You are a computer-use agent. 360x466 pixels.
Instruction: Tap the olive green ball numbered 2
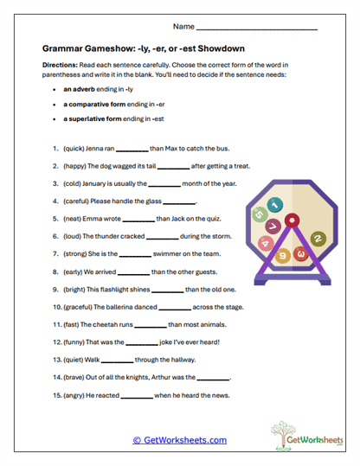point(318,238)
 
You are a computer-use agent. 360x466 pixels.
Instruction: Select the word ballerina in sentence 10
point(114,306)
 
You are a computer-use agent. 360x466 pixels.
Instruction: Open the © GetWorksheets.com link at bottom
point(179,440)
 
